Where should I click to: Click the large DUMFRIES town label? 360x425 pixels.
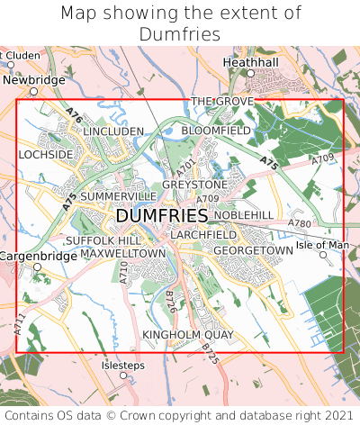point(162,217)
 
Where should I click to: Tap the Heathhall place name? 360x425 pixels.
point(251,62)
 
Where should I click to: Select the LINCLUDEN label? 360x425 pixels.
point(113,131)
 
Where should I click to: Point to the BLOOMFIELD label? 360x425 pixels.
point(216,131)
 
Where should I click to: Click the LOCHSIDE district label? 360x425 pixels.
point(45,155)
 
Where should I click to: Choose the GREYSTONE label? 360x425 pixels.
point(194,185)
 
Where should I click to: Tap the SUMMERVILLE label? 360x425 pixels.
point(118,196)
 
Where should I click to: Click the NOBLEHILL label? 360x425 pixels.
point(243,215)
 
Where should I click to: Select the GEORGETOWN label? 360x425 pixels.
point(254,249)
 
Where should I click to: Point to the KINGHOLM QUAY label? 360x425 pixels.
point(188,335)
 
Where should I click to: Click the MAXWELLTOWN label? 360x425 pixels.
point(123,254)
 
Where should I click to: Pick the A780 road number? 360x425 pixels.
point(299,223)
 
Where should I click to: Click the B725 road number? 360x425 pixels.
point(210,353)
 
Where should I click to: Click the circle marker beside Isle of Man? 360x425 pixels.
point(323,255)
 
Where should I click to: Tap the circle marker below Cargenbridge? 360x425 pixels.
point(38,267)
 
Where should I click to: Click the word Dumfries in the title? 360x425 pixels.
point(180,34)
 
